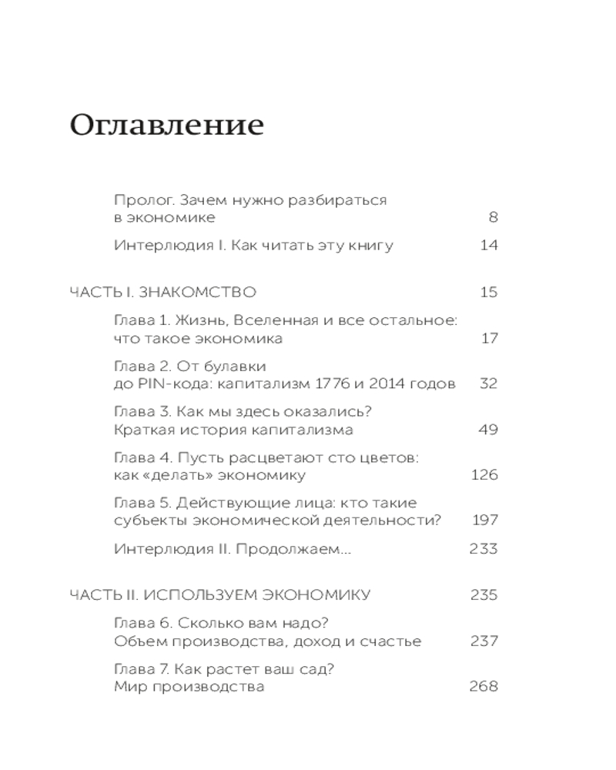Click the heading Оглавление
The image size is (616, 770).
click(x=166, y=125)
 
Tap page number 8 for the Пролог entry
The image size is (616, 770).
click(x=493, y=218)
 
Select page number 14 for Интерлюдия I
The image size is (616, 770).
click(x=488, y=246)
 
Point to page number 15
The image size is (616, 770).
click(x=488, y=292)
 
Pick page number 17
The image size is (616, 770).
click(x=489, y=338)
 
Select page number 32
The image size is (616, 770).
click(x=488, y=383)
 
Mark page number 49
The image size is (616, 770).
click(x=488, y=430)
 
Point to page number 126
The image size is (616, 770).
click(x=484, y=475)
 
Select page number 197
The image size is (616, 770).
click(x=484, y=521)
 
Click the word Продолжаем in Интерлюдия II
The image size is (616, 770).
click(x=298, y=549)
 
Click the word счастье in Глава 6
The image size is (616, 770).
click(x=390, y=641)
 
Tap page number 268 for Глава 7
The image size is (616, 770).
click(x=484, y=686)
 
